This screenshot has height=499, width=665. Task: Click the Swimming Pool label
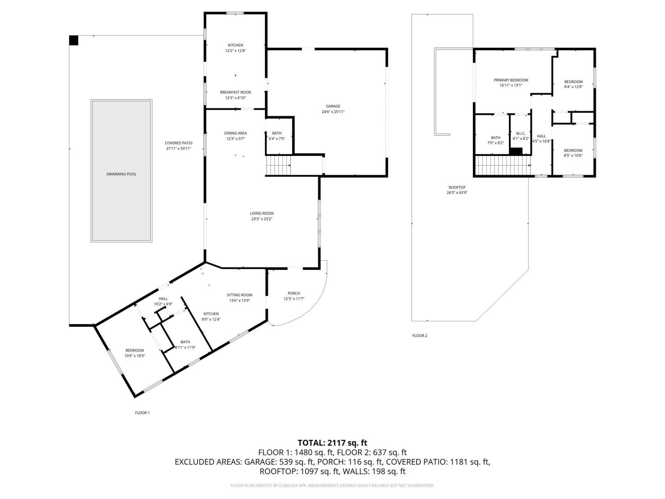[x=121, y=174]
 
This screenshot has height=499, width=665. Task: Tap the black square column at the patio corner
[x=73, y=40]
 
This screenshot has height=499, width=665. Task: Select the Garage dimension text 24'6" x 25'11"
[x=333, y=112]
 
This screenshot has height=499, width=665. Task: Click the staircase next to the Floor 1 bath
[x=278, y=166]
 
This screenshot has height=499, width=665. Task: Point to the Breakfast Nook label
[x=236, y=92]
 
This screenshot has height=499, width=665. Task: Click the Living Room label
[x=262, y=213]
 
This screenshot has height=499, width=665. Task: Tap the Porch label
[x=294, y=293]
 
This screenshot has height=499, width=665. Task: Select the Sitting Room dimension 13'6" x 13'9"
[x=239, y=300]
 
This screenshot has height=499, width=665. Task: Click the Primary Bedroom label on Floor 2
[x=511, y=80]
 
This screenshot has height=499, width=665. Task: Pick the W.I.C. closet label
[x=521, y=133]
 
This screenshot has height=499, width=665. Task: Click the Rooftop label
[x=457, y=187]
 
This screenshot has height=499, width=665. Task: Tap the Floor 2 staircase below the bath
[x=502, y=166]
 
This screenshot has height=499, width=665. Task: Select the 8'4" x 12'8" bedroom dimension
[x=573, y=87]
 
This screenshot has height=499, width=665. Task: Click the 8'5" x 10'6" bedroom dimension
[x=573, y=156]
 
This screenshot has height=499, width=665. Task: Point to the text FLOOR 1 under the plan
[x=142, y=413]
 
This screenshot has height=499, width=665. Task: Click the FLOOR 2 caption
[x=419, y=335]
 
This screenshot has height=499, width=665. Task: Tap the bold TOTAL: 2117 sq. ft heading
[x=332, y=443]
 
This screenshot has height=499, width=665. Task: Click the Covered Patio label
[x=178, y=143]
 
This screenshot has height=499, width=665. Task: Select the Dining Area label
[x=236, y=133]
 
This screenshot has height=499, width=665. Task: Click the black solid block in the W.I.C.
[x=516, y=151]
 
